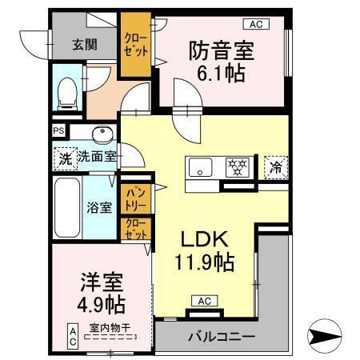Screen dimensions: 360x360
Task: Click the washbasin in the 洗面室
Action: [102, 134]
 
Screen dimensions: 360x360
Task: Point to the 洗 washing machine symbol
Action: [64, 158]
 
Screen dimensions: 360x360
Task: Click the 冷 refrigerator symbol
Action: [274, 168]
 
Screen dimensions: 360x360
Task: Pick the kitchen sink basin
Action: [200, 166]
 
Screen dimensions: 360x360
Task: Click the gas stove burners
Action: [237, 167]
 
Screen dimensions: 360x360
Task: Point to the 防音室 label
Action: [221, 50]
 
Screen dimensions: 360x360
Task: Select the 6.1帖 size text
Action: [221, 74]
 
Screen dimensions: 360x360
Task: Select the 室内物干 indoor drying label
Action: [110, 327]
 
